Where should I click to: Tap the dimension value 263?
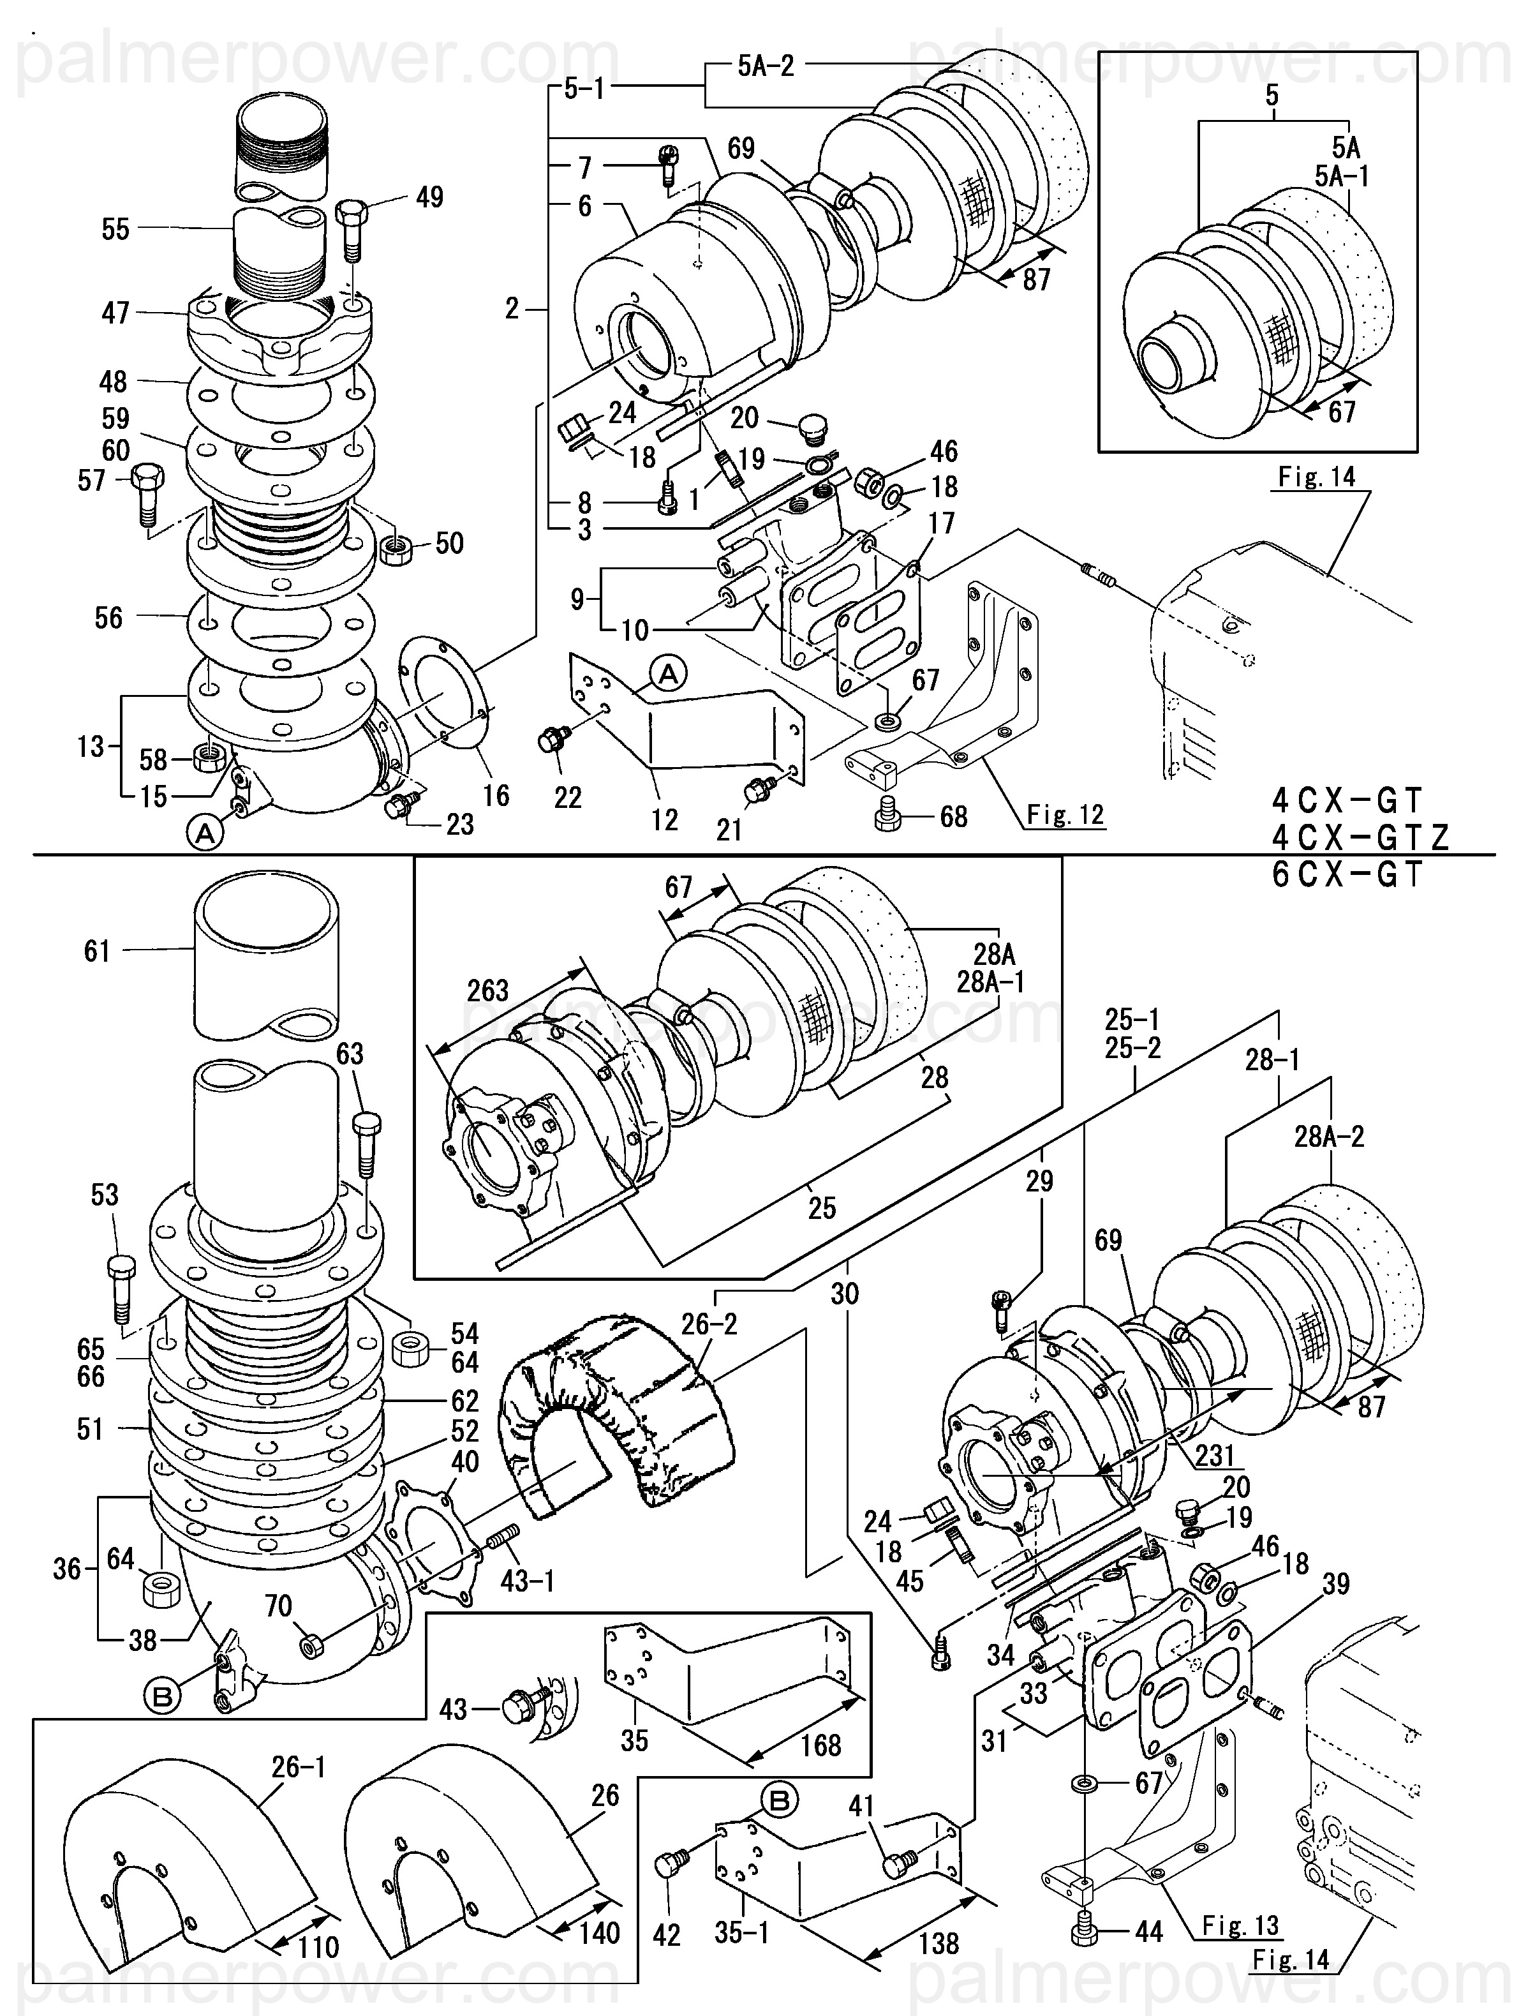(x=487, y=990)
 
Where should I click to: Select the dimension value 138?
(x=938, y=1944)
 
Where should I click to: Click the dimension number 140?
(x=600, y=1933)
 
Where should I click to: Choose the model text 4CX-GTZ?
(x=1360, y=837)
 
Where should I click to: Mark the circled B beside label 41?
(x=780, y=1801)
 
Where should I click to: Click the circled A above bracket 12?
(x=669, y=675)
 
